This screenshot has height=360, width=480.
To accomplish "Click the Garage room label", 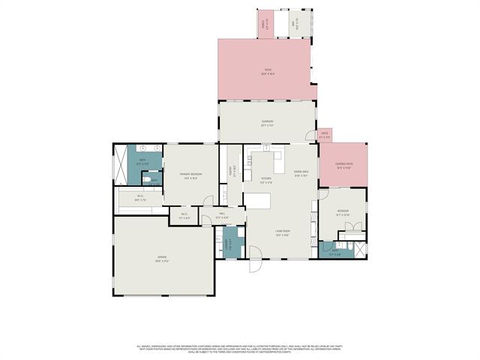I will [162, 259].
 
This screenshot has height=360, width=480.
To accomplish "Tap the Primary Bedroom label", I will [190, 176].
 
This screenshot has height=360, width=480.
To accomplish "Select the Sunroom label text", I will [267, 122].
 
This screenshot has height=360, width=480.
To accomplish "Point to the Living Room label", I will [282, 233].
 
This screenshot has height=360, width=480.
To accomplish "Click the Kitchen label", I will [265, 179].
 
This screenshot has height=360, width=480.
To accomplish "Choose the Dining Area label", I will [301, 174].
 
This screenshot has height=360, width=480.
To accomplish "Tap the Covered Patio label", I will [344, 167].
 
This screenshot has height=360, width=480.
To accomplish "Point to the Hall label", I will [222, 216].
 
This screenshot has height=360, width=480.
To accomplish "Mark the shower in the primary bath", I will [119, 161].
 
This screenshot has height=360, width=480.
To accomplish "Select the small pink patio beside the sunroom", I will [325, 137].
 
